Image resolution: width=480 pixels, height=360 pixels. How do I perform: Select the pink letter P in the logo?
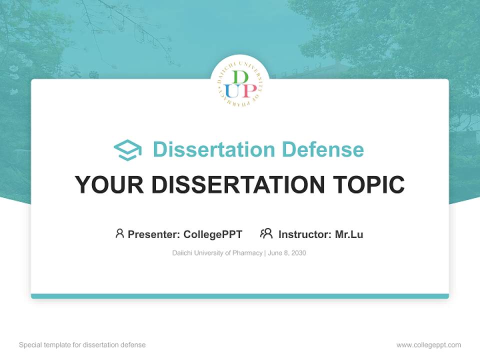[247, 90]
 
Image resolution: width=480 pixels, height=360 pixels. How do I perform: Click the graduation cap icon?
[127, 150]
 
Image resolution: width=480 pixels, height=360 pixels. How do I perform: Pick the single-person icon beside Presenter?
[119, 233]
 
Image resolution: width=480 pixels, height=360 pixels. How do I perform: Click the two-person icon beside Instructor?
[266, 233]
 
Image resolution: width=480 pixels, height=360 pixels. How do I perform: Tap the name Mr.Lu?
[349, 234]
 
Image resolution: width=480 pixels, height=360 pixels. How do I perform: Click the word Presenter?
[154, 234]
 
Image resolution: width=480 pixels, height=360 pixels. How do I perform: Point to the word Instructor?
[305, 234]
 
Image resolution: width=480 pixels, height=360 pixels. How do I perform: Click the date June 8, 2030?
[287, 253]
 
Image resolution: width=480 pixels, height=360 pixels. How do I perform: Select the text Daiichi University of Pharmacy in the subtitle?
[217, 253]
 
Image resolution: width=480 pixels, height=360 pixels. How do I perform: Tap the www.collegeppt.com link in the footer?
[428, 345]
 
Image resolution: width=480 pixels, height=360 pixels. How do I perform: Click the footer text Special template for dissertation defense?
[82, 345]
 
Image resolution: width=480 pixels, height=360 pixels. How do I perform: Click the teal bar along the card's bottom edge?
[240, 296]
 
